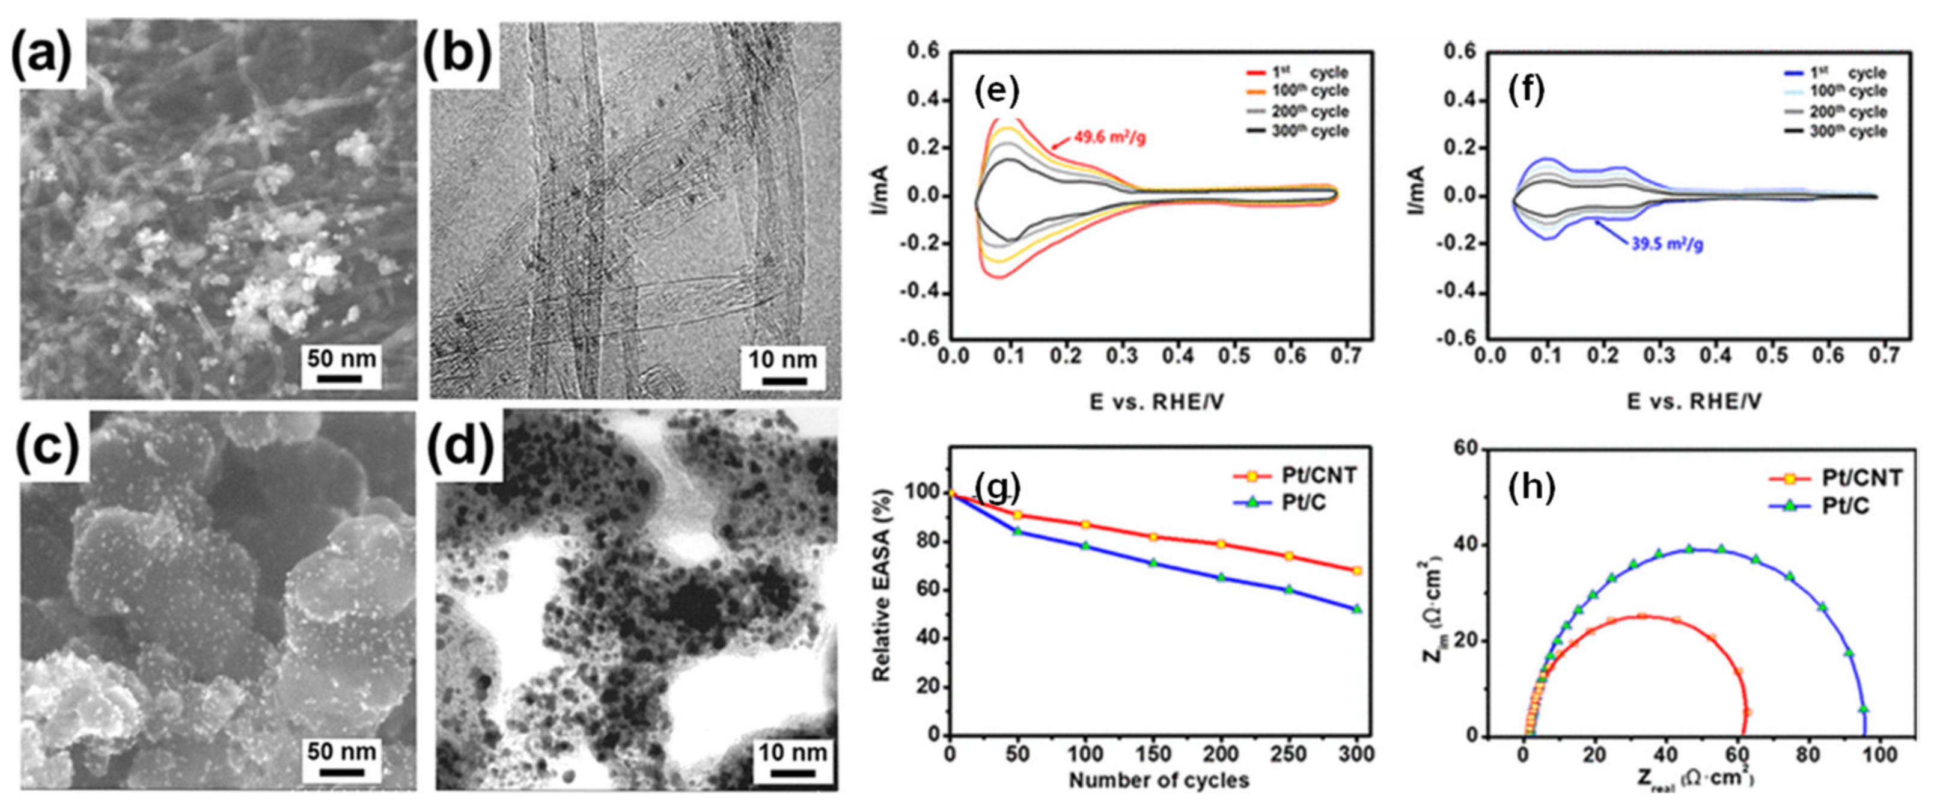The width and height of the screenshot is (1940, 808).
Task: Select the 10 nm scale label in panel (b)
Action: point(782,360)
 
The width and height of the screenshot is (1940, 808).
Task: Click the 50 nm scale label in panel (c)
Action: point(341,751)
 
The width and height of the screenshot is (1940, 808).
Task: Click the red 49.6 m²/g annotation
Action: point(1109,138)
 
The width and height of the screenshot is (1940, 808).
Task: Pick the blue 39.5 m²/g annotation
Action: point(1667,244)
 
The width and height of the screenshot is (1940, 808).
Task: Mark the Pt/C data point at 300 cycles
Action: point(1357,608)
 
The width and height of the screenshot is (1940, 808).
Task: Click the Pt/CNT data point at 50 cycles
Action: point(1018,515)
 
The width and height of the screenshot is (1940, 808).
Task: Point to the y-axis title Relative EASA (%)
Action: point(881,584)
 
